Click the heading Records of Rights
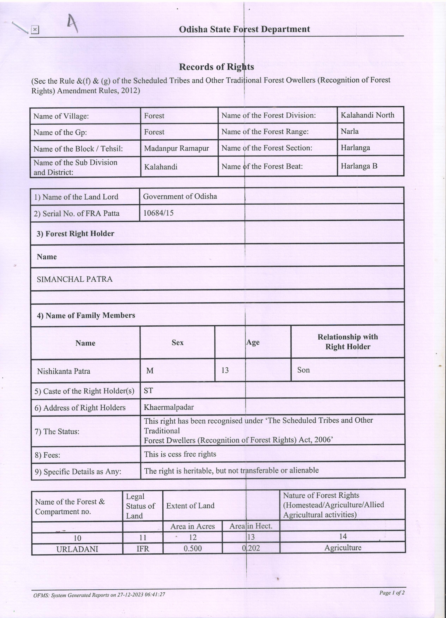[216, 67]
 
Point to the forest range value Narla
[349, 131]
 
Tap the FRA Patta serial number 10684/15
[158, 213]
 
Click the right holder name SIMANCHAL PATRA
[74, 279]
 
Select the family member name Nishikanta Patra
[64, 371]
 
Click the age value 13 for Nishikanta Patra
[225, 370]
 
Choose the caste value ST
[148, 391]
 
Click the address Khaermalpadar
[169, 407]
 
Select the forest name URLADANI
[77, 549]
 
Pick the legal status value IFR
[143, 549]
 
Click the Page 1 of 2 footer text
[392, 592]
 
